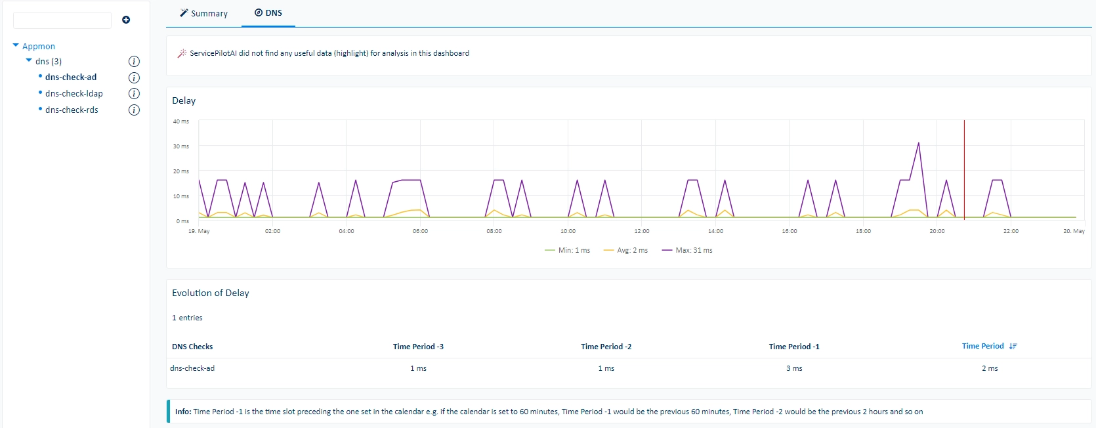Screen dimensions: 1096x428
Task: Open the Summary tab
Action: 203,13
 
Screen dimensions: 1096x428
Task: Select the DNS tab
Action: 268,12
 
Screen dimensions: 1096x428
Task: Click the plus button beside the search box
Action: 126,20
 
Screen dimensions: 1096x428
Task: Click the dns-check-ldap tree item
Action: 74,93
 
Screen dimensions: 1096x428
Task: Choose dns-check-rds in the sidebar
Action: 72,110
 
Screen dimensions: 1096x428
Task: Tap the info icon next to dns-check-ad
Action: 134,77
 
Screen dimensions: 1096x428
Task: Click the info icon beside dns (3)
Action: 134,61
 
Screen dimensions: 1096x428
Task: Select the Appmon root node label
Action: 39,46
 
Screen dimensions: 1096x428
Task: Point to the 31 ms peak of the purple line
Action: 918,143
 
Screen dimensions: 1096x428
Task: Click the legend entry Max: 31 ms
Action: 687,250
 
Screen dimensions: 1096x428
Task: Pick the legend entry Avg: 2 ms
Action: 625,250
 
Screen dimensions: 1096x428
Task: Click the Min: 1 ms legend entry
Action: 567,250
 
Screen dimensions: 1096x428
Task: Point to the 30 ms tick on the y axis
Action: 180,146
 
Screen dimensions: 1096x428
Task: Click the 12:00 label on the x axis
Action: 641,231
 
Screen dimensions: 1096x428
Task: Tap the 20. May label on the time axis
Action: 1074,231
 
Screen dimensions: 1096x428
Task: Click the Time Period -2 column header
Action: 606,347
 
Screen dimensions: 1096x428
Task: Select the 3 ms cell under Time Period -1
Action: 793,368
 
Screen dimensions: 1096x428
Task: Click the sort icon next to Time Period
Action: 1013,347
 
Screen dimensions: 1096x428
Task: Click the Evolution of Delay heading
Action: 211,293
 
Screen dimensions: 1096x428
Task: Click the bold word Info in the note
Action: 183,412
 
